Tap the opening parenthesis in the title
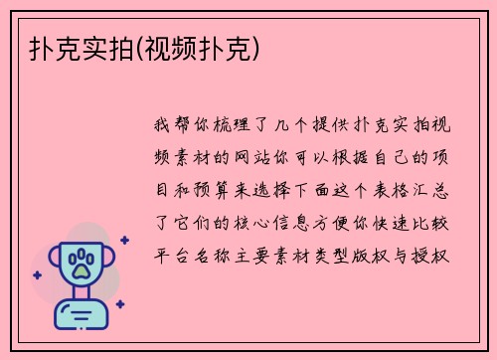(x=140, y=47)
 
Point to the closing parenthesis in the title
(x=260, y=47)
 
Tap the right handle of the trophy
(x=109, y=261)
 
